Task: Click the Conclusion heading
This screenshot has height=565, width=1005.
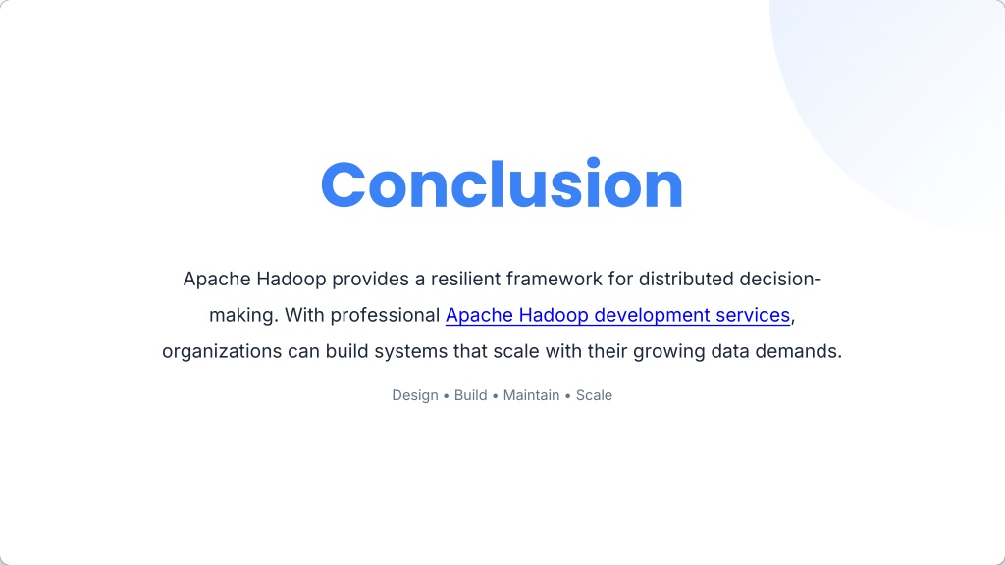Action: [x=502, y=183]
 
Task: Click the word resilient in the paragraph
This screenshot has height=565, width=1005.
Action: [x=465, y=279]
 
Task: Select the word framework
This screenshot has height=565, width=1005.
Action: [x=554, y=279]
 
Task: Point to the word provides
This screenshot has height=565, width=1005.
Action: [x=370, y=280]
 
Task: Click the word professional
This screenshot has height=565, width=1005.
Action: [x=385, y=315]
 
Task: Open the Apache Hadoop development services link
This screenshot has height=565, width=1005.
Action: [x=618, y=315]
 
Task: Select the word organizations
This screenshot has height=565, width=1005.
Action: [x=222, y=352]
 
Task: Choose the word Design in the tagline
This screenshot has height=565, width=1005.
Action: [x=415, y=395]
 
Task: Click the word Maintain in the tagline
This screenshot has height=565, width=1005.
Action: [x=531, y=395]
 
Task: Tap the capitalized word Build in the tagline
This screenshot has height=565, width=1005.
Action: [x=470, y=395]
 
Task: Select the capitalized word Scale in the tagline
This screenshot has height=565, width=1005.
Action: [x=594, y=395]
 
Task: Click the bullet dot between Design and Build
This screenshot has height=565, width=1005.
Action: [x=447, y=396]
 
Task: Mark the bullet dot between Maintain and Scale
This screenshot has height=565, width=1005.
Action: [x=568, y=396]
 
